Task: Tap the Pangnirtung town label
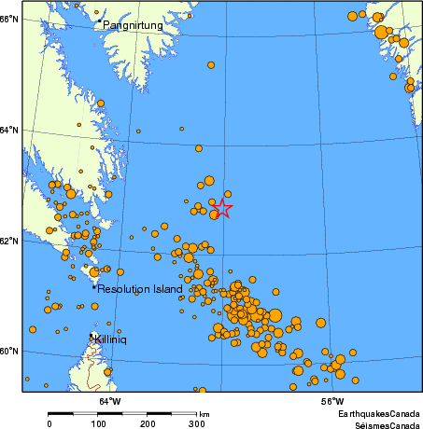coord(132,25)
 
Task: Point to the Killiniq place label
coord(110,340)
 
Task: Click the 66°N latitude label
coord(9,19)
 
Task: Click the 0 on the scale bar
coord(49,424)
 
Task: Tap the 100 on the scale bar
coord(99,424)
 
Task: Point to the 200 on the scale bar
coord(148,424)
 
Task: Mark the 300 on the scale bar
coord(196,424)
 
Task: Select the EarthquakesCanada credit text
coord(377,412)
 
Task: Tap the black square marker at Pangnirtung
coord(99,20)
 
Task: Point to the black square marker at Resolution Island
coord(94,287)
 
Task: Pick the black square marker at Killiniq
coord(92,336)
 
